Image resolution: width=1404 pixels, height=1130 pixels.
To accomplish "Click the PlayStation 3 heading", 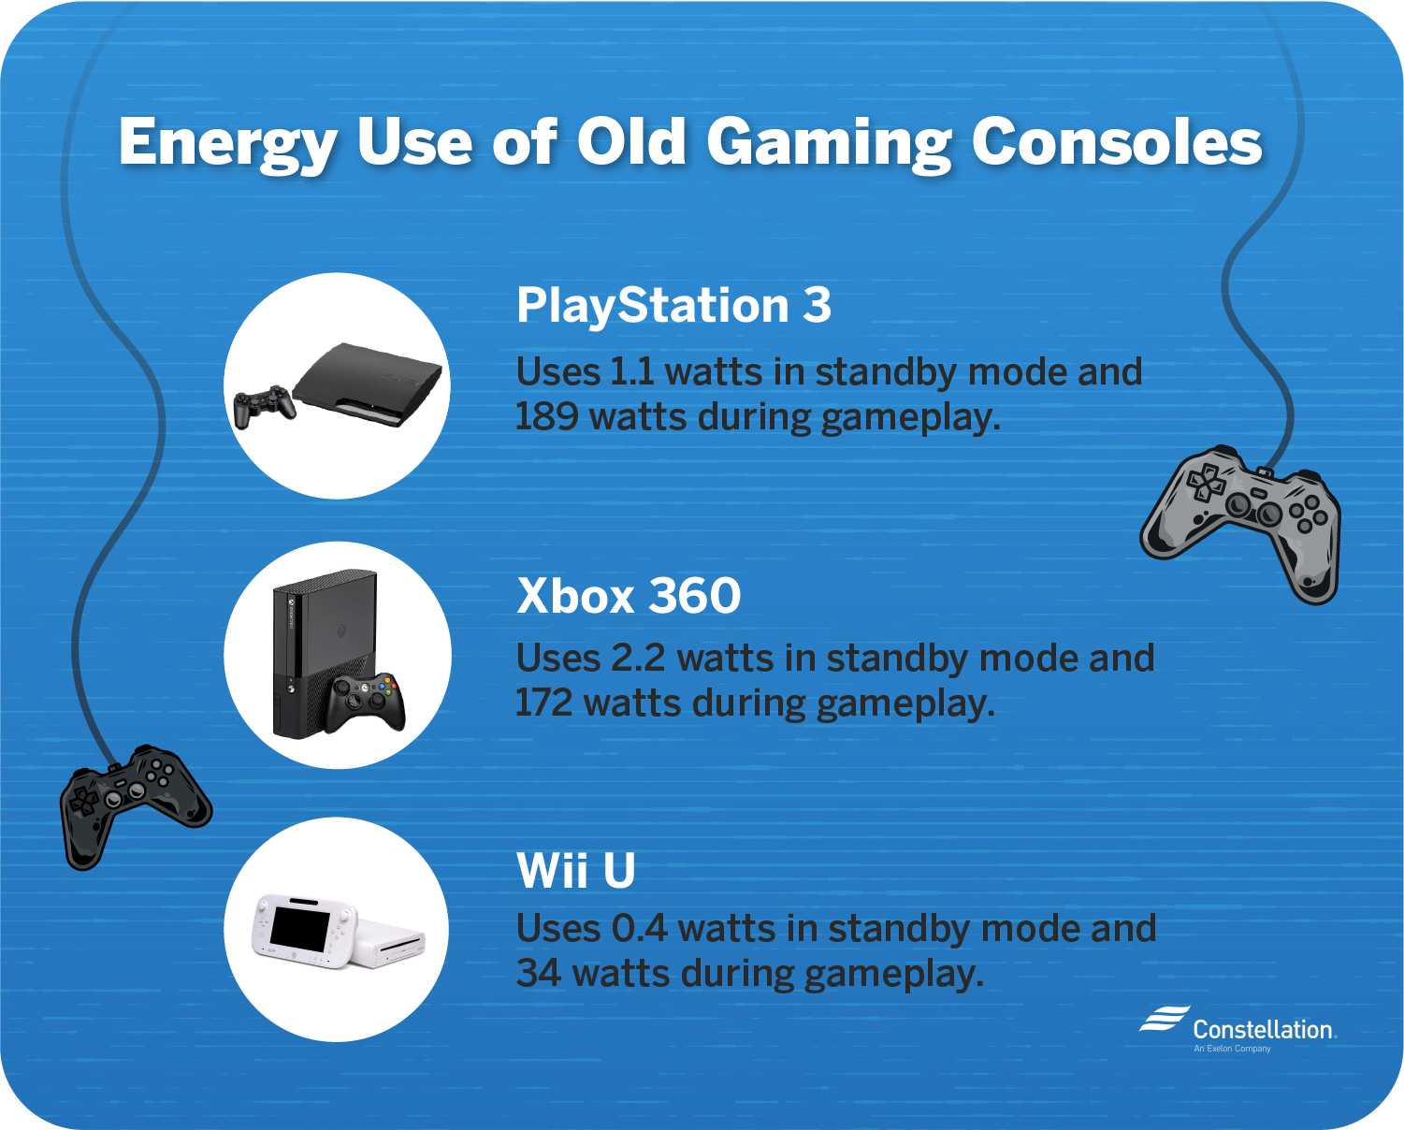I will (673, 306).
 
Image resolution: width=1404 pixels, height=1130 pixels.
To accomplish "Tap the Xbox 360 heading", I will (629, 596).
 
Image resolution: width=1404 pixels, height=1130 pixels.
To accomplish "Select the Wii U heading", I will (576, 871).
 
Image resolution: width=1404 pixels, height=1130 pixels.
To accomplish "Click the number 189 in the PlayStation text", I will (547, 417).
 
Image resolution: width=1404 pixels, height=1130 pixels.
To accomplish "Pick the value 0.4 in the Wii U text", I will (639, 929).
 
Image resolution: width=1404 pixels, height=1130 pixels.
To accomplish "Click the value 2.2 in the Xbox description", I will (638, 659).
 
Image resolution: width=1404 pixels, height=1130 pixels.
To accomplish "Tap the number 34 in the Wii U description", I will (539, 974).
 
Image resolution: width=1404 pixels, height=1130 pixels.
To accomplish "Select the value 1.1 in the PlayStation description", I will (631, 372).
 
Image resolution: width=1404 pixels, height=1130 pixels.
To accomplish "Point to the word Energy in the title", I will (227, 143).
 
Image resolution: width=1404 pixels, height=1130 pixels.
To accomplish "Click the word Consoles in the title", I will (1117, 143).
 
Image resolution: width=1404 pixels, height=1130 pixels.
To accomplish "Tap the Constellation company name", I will (1262, 1030).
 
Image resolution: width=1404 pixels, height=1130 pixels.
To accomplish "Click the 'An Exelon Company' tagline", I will (1232, 1049).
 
